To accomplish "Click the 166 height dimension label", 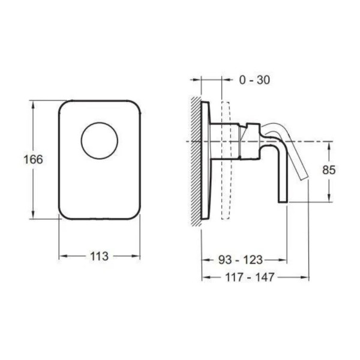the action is pyautogui.click(x=33, y=160).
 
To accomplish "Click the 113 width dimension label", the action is pyautogui.click(x=99, y=256).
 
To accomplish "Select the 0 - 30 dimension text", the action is pyautogui.click(x=254, y=80).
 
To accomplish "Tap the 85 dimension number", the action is pyautogui.click(x=329, y=170).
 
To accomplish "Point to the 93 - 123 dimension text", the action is pyautogui.click(x=241, y=260).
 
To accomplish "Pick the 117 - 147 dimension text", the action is pyautogui.click(x=250, y=277).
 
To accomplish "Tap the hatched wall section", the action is pyautogui.click(x=196, y=161).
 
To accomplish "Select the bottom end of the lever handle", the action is pyautogui.click(x=283, y=202).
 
